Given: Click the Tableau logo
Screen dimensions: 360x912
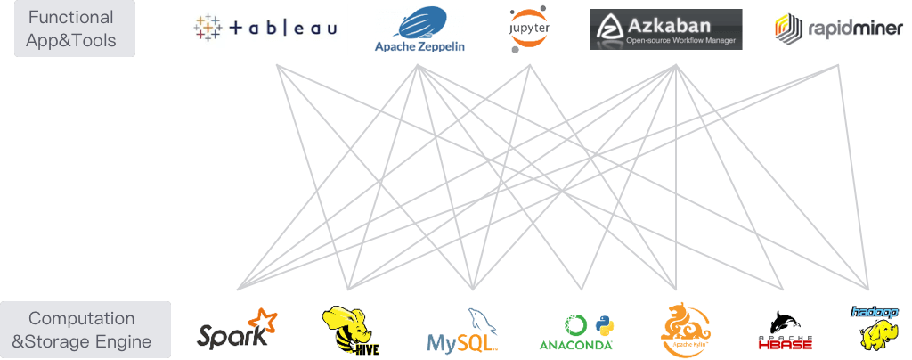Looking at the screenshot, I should [266, 29].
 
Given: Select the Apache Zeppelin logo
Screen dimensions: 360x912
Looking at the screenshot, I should [420, 29].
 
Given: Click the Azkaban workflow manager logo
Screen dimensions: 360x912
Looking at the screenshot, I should [665, 29].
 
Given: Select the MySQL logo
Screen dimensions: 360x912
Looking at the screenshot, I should [460, 329].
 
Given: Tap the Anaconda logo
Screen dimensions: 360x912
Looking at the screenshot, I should [575, 329].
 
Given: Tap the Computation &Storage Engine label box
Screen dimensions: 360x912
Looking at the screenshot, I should [85, 329].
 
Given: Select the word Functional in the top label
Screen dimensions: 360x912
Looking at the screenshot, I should [69, 17].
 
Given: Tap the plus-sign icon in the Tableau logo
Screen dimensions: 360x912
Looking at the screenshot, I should [208, 29].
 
